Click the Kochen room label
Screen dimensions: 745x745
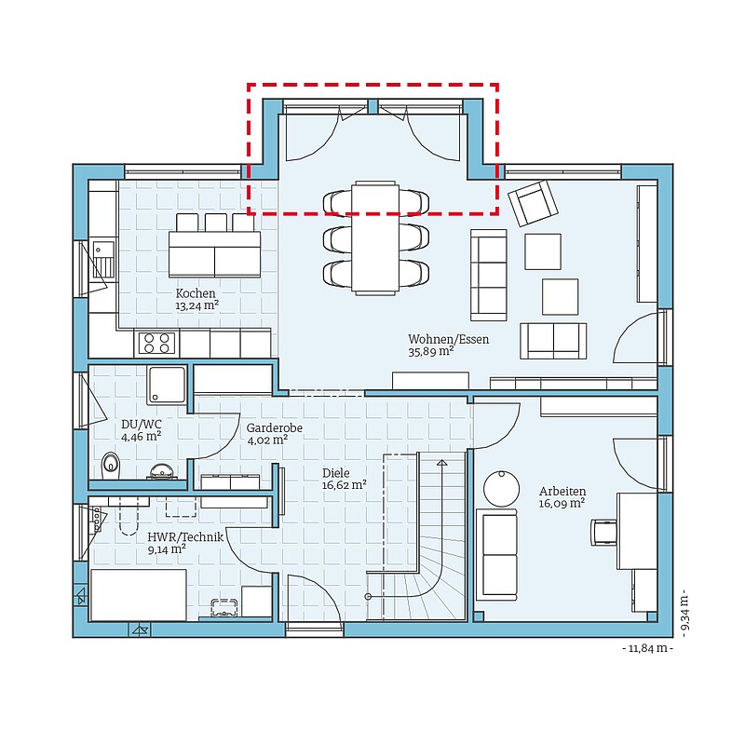196,293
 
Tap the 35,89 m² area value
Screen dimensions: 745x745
431,352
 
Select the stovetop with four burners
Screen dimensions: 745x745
156,343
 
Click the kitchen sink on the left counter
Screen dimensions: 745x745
103,260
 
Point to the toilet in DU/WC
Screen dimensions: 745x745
111,466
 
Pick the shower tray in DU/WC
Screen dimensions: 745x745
167,385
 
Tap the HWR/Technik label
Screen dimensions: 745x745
185,537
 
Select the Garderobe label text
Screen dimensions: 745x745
274,427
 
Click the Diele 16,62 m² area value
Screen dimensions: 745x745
344,485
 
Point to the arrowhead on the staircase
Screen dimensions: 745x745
441,462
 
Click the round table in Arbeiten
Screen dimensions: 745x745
502,489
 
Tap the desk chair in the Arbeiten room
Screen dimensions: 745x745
603,532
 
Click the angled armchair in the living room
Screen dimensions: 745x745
533,203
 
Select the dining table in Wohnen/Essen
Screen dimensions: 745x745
375,237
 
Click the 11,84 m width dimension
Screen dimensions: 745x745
648,648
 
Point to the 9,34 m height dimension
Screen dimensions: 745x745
684,616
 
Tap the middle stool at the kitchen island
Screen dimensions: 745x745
216,223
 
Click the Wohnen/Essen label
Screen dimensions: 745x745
449,339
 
